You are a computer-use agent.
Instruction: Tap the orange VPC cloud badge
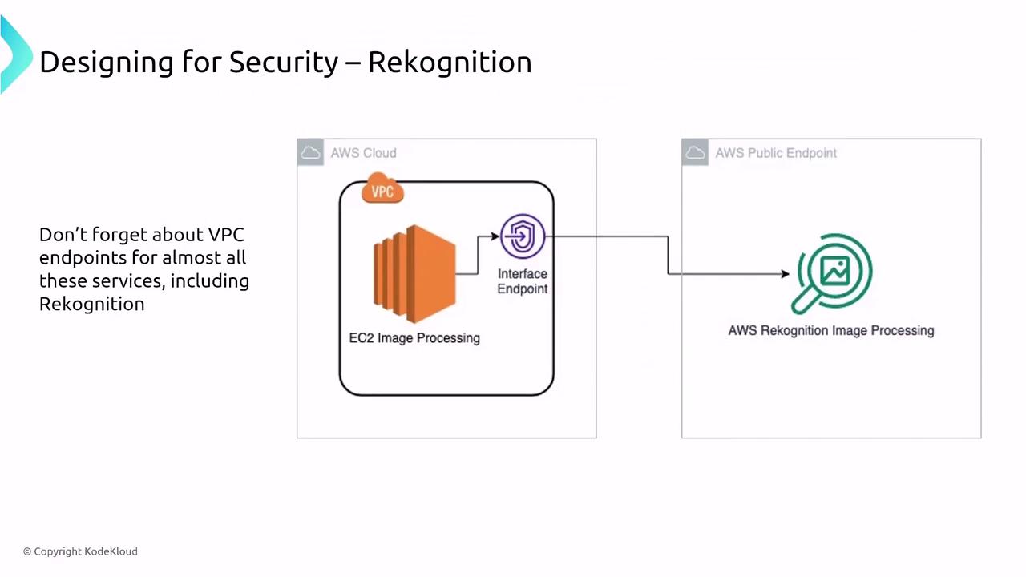[382, 192]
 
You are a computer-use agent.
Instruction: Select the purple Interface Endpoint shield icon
[523, 237]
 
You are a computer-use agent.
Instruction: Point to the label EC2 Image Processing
[414, 338]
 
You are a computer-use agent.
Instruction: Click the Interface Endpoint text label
[523, 281]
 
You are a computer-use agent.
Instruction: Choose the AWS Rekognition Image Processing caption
[830, 330]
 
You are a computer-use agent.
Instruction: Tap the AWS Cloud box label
[363, 153]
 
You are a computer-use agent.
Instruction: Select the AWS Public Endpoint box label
[776, 153]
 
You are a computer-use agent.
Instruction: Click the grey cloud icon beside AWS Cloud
[310, 152]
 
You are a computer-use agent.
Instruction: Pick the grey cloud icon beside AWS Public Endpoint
[695, 152]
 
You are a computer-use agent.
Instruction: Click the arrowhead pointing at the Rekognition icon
[784, 274]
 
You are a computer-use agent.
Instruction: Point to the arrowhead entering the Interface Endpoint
[495, 237]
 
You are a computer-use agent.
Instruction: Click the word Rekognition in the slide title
[450, 63]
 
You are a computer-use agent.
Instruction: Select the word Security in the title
[284, 63]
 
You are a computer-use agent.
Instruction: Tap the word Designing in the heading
[106, 63]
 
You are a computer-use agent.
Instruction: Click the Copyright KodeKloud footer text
[80, 551]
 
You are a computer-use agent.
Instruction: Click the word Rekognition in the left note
[91, 304]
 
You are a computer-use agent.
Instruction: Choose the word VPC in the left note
[225, 235]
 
